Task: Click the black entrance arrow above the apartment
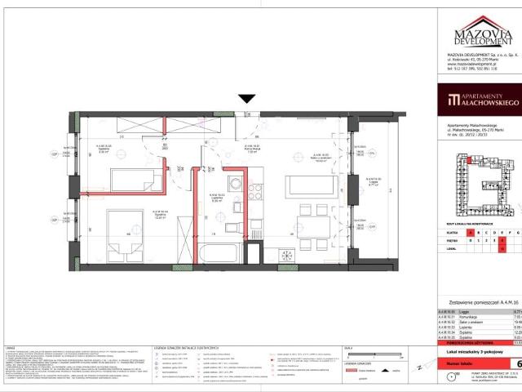pyautogui.click(x=246, y=99)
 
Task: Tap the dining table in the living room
pyautogui.click(x=302, y=226)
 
